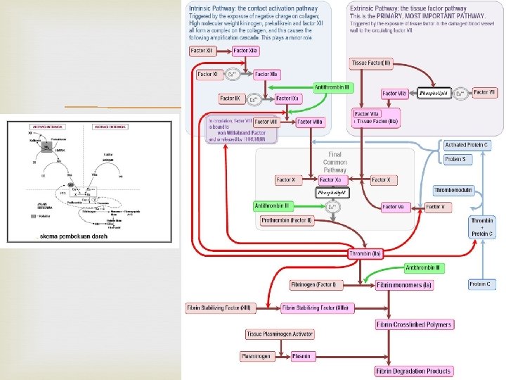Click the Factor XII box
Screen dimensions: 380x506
204,51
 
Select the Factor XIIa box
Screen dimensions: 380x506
246,51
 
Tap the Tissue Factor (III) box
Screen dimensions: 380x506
371,63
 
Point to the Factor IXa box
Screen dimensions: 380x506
289,99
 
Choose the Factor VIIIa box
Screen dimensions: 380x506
310,122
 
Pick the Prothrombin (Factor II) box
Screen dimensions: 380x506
287,221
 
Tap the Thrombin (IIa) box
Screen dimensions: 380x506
365,253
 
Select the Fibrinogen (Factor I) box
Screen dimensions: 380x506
314,285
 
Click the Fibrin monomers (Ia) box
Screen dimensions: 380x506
404,285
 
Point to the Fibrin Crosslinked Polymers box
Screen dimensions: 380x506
414,324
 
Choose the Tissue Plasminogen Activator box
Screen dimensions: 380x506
280,334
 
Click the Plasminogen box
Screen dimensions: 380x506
257,356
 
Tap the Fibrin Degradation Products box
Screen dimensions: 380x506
414,371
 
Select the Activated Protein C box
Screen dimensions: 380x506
467,145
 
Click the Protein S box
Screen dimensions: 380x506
458,160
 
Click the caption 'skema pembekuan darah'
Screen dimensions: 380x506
73,236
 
